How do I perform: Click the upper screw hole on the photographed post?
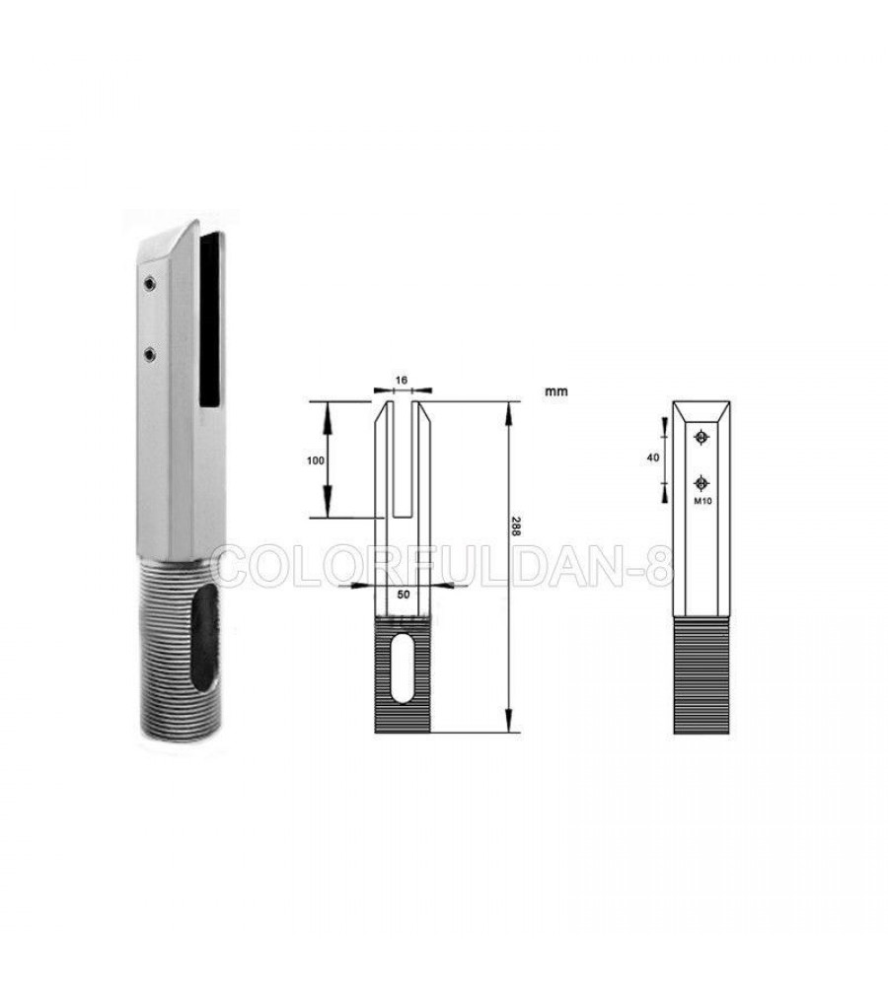[x=149, y=284]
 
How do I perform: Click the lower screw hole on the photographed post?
[x=149, y=356]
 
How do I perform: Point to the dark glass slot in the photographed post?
[x=212, y=319]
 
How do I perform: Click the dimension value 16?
[x=402, y=381]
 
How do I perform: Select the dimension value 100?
[x=316, y=460]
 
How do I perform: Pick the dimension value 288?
[x=515, y=527]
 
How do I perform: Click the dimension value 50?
[x=403, y=593]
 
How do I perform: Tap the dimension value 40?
[x=652, y=458]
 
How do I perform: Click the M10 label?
[x=702, y=501]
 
